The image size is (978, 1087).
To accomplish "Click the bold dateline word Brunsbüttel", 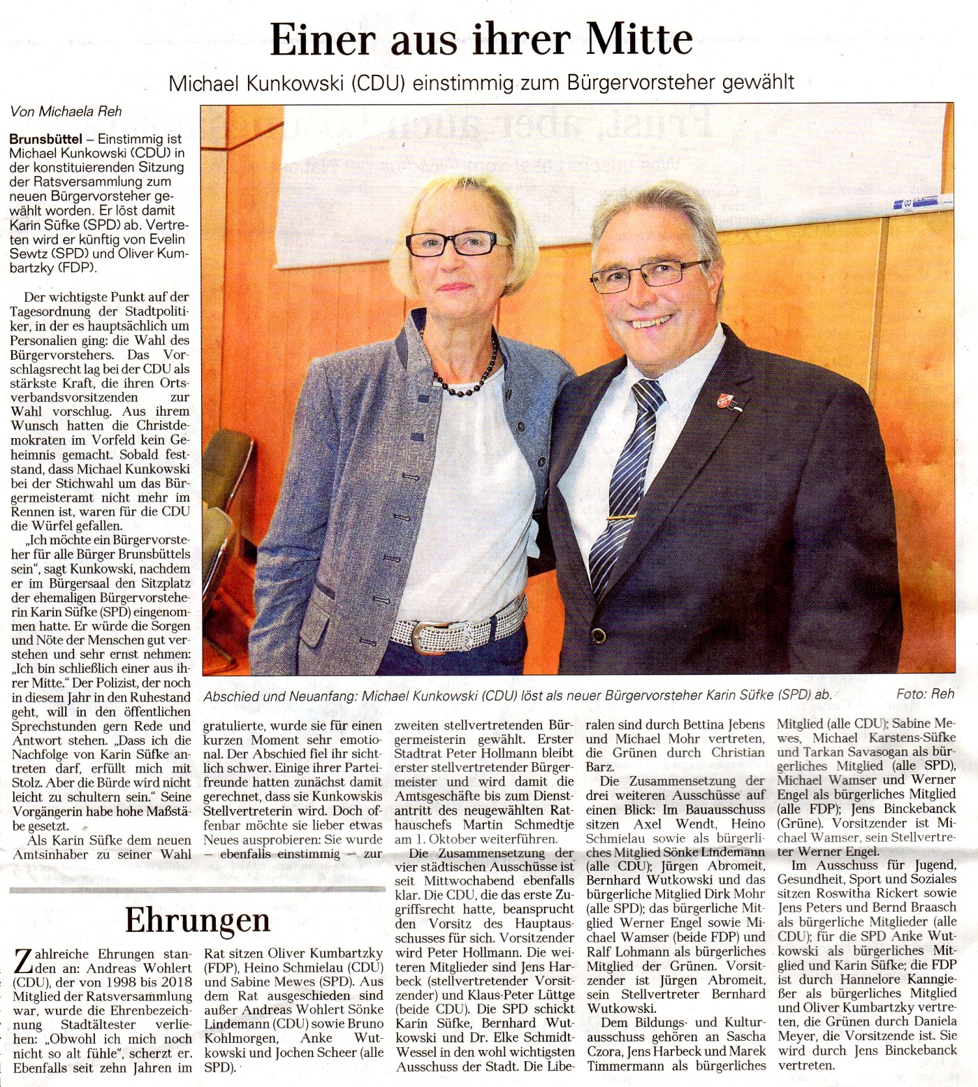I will [x=43, y=138].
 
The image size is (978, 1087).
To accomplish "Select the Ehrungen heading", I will [x=197, y=920].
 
